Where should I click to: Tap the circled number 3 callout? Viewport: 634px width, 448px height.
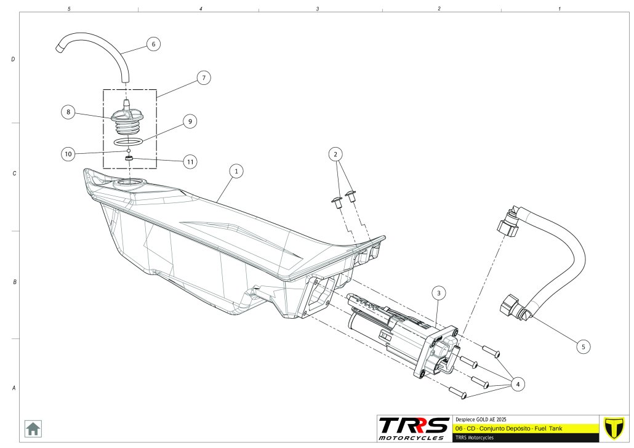pyautogui.click(x=438, y=293)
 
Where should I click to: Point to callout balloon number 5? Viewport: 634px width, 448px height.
pyautogui.click(x=583, y=346)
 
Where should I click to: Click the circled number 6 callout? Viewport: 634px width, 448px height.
pyautogui.click(x=153, y=44)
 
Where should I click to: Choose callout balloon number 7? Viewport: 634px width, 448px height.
pyautogui.click(x=204, y=78)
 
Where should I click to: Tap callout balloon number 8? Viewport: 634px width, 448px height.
pyautogui.click(x=68, y=112)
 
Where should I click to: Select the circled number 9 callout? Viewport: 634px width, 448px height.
pyautogui.click(x=190, y=122)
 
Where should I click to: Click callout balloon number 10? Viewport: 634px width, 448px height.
pyautogui.click(x=68, y=153)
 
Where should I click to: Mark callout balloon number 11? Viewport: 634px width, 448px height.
pyautogui.click(x=191, y=162)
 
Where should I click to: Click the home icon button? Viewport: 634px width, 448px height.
pyautogui.click(x=33, y=428)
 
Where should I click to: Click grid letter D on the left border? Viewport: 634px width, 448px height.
pyautogui.click(x=13, y=60)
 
